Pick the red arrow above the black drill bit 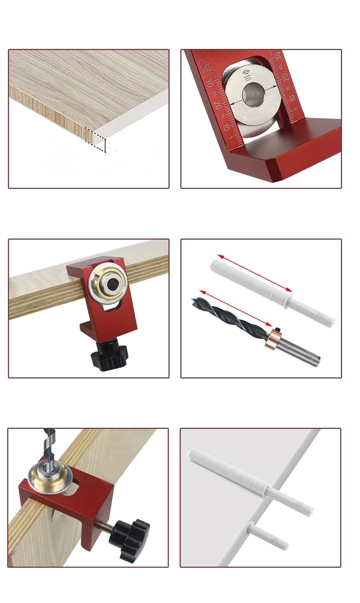235,308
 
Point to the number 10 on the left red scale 226,127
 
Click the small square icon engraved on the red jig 204,66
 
